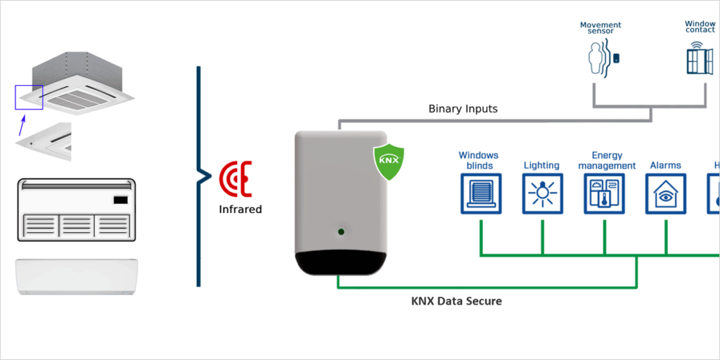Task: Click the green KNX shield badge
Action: pos(389,161)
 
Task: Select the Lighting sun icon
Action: pos(542,193)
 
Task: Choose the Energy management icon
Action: pos(604,193)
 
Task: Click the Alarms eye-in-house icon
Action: pos(666,193)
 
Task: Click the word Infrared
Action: pos(240,209)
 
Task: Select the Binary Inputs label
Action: pos(463,109)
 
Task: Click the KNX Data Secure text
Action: pos(456,301)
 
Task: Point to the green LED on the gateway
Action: pos(341,231)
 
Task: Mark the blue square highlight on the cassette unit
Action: pos(29,97)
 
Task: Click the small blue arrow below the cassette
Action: pos(22,125)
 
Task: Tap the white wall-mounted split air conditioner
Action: pos(77,276)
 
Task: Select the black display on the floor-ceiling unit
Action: pos(120,199)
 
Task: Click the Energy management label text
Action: pos(607,161)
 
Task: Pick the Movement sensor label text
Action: pos(600,28)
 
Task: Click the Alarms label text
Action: pos(665,166)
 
